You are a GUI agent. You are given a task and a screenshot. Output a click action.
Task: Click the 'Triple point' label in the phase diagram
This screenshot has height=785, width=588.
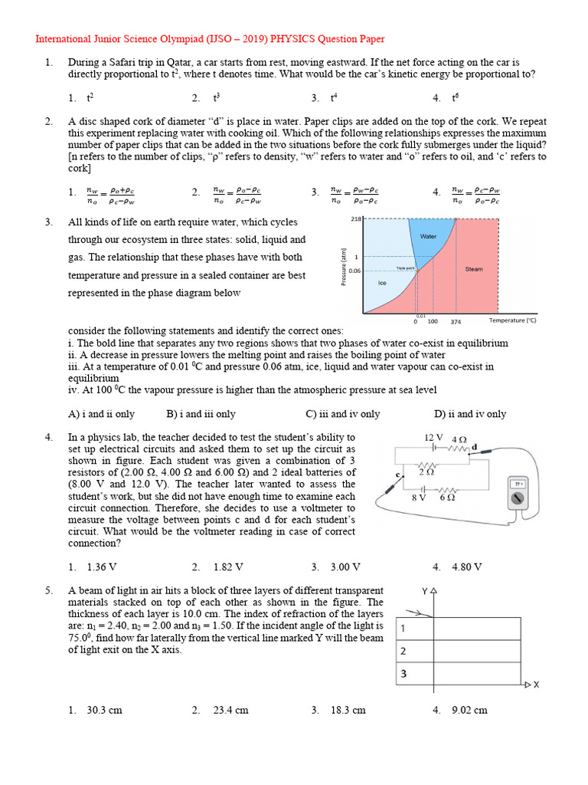pyautogui.click(x=405, y=268)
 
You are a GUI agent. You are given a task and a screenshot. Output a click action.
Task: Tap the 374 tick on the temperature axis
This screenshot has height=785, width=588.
pyautogui.click(x=456, y=322)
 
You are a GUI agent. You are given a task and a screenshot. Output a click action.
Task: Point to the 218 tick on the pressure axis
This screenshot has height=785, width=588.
pyautogui.click(x=355, y=219)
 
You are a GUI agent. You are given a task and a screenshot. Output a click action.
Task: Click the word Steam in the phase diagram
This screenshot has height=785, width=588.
pyautogui.click(x=474, y=269)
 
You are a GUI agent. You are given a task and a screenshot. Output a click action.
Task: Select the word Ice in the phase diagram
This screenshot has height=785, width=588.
pyautogui.click(x=383, y=283)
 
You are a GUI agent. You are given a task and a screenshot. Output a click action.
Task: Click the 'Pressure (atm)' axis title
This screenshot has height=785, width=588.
pyautogui.click(x=345, y=268)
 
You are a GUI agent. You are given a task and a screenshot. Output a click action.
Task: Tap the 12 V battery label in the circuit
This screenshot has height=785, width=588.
pyautogui.click(x=434, y=437)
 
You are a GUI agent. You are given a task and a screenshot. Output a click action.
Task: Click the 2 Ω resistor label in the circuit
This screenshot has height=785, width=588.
pyautogui.click(x=427, y=472)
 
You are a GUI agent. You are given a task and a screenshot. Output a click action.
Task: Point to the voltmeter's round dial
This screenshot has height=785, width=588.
pyautogui.click(x=518, y=500)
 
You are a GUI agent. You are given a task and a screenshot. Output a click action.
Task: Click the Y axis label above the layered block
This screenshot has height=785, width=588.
pyautogui.click(x=424, y=591)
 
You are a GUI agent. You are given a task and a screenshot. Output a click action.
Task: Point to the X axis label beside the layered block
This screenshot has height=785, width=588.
pyautogui.click(x=537, y=684)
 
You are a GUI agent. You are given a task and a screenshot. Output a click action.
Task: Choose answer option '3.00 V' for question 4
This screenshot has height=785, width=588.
pyautogui.click(x=345, y=567)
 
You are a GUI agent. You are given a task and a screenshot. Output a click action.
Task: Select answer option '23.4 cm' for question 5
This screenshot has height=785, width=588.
pyautogui.click(x=230, y=710)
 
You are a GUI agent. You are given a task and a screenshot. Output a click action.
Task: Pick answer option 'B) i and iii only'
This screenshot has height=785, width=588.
pyautogui.click(x=201, y=414)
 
